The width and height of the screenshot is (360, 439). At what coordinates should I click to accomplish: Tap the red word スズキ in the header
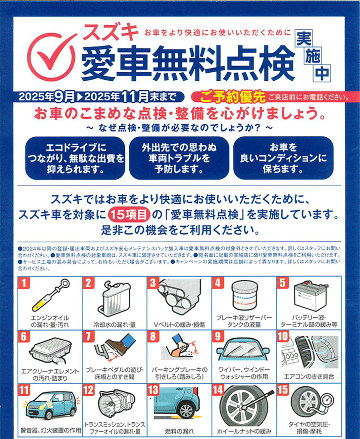coord(111,32)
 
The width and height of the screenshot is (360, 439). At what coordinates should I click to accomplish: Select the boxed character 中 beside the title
coord(322,73)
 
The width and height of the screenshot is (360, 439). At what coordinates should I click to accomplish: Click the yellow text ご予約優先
coord(233,97)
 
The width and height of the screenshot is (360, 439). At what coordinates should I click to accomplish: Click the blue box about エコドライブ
coord(75,158)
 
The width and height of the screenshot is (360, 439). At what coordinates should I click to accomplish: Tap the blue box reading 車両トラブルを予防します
coord(179,158)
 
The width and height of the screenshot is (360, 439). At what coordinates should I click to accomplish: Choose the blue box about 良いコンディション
coord(283,158)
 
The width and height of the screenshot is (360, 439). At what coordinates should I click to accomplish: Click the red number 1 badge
coord(24,283)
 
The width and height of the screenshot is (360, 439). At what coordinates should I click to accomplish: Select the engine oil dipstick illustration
coord(50,295)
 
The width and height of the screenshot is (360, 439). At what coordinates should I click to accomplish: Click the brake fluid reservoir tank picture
coord(245,296)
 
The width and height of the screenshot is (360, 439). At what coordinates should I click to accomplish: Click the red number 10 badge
coord(283,337)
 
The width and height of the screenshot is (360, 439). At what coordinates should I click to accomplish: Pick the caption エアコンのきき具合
coord(309,376)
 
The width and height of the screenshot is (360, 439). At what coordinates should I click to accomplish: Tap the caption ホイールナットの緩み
coord(244,431)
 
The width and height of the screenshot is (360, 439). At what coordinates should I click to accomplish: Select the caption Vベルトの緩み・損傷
coord(179,325)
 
